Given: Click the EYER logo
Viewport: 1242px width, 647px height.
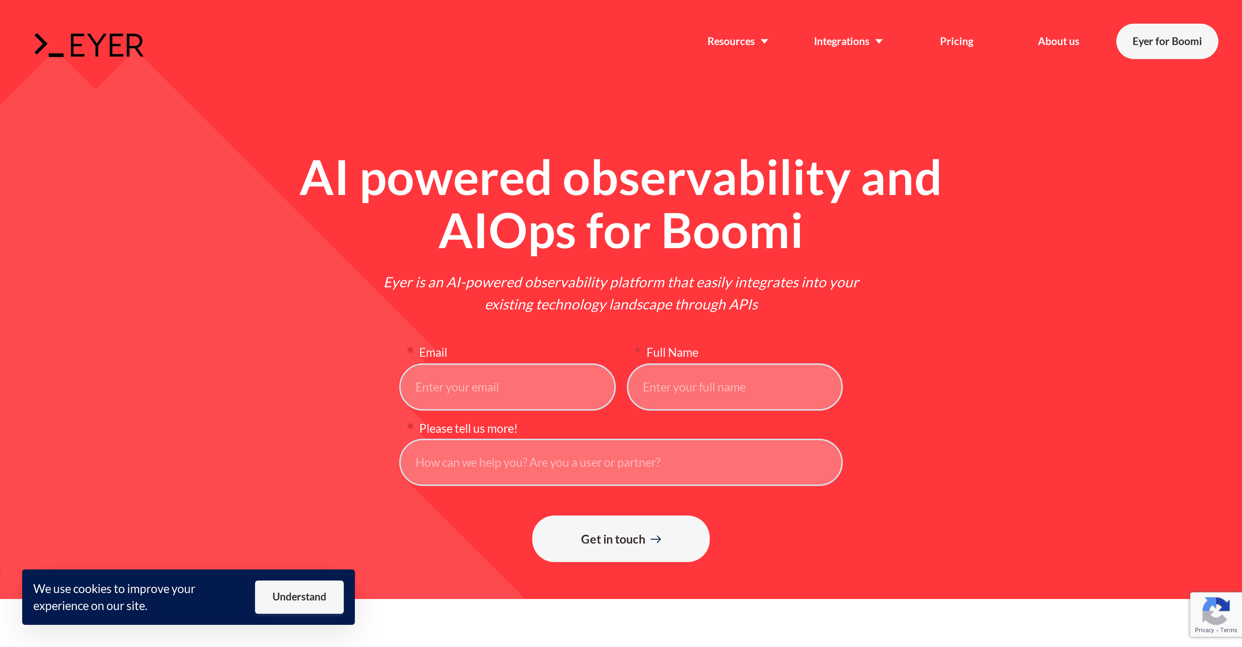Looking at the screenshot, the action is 89,45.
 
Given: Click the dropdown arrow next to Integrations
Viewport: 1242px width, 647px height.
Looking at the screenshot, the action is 879,41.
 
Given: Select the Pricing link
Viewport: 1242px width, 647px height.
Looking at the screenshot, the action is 957,41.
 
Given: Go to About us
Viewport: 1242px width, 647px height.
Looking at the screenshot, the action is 1058,41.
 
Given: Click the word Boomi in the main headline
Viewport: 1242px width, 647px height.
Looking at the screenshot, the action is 732,232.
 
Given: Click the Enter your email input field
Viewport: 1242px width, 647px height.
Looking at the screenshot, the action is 507,387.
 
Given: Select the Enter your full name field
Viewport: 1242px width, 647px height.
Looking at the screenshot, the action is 734,387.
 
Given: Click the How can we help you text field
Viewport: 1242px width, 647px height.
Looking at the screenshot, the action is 621,462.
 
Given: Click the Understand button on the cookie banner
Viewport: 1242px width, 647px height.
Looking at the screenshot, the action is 299,597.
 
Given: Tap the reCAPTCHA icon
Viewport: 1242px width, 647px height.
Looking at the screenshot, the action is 1215,610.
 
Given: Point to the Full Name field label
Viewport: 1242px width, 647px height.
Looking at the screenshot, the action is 672,353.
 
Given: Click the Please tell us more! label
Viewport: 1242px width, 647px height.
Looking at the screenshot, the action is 468,429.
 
